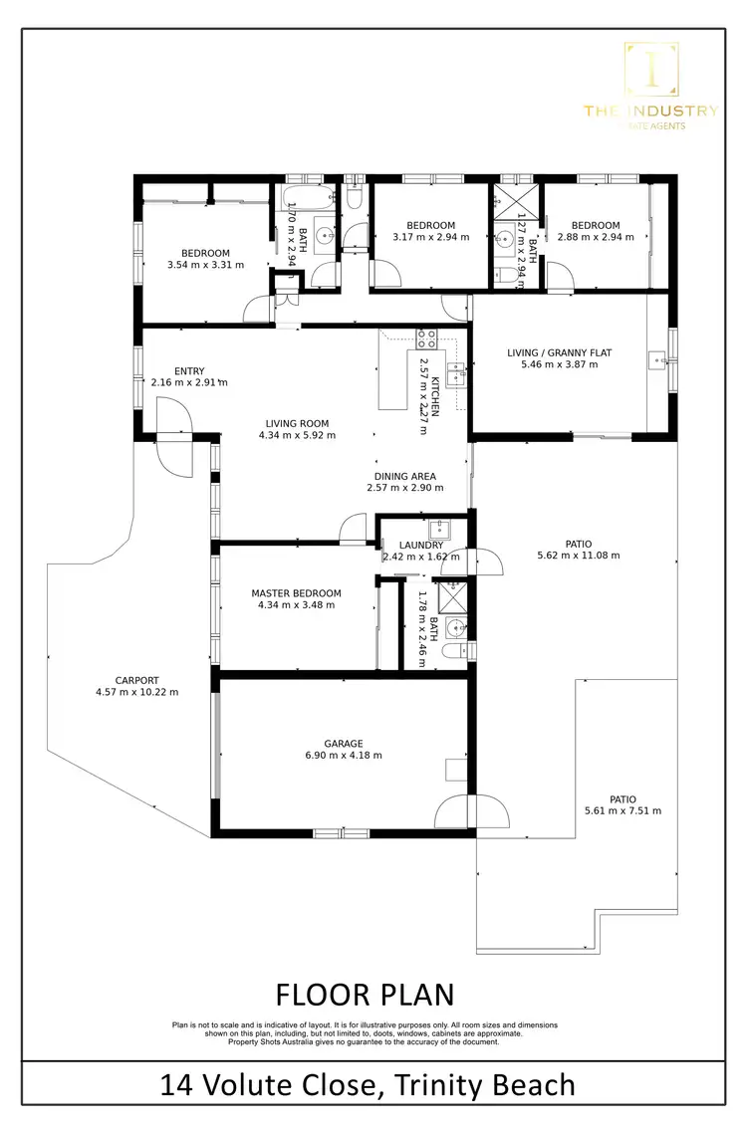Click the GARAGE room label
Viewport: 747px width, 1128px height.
coord(343,743)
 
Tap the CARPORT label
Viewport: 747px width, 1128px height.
coord(136,680)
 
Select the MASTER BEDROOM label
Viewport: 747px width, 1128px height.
coord(296,593)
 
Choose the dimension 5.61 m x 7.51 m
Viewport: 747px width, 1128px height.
coord(622,810)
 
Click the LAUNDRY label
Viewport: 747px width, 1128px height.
coord(419,545)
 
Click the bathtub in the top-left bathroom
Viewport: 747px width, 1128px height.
coord(309,196)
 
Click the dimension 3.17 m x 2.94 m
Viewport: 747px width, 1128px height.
coord(430,237)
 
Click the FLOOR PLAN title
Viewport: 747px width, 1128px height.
coord(364,994)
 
